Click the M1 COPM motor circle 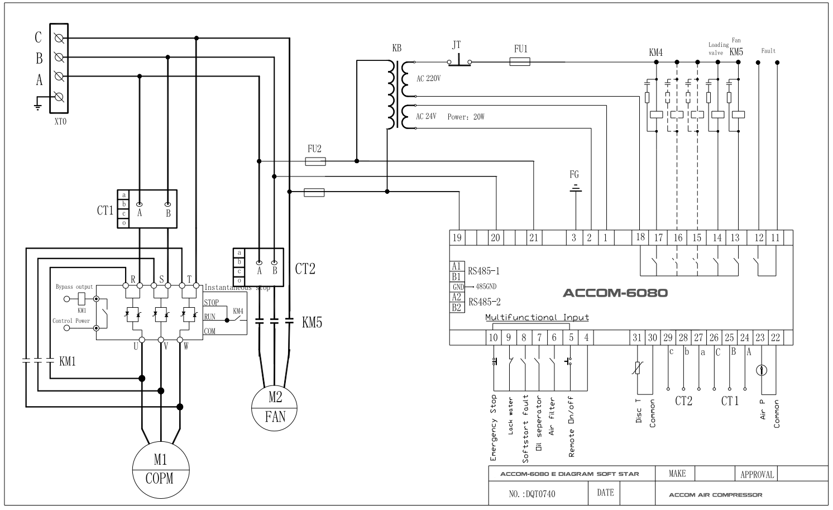click(160, 469)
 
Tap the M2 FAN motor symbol click(275, 407)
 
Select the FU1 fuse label click(520, 49)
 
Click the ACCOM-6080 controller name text click(615, 293)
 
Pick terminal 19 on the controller click(457, 237)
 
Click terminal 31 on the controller click(637, 337)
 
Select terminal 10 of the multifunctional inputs click(493, 337)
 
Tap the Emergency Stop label click(494, 428)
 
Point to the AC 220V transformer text click(428, 79)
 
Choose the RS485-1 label click(484, 271)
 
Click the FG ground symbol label click(575, 175)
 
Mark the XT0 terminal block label click(60, 121)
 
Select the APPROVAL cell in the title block click(757, 474)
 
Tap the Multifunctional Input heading click(537, 317)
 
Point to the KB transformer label click(396, 49)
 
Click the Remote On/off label click(571, 427)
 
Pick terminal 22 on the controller click(775, 337)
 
